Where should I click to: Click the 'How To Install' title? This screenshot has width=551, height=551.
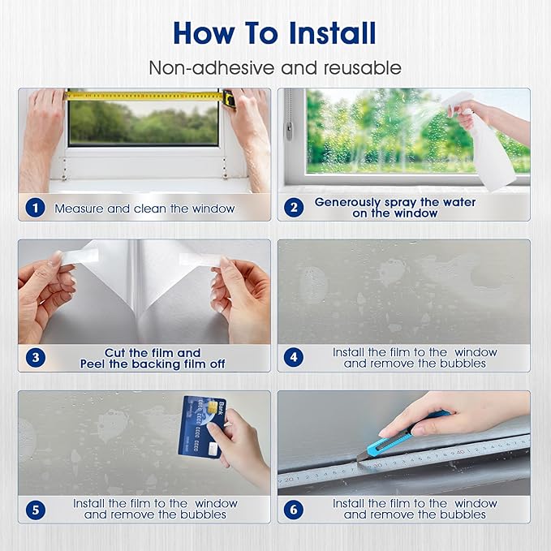point(274,33)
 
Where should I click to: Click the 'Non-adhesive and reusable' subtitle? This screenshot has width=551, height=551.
point(274,67)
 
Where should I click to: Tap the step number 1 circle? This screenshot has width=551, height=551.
point(34,208)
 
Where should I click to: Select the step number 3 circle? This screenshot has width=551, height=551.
point(34,359)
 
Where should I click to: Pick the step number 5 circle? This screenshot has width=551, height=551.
point(34,510)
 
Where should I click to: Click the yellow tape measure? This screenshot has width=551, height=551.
point(146,96)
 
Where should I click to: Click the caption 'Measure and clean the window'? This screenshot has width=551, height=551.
point(144,209)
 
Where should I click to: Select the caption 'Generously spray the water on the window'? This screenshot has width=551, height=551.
point(395,208)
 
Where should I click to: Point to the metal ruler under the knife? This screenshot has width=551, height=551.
point(406,471)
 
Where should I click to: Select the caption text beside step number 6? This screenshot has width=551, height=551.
point(414,510)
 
